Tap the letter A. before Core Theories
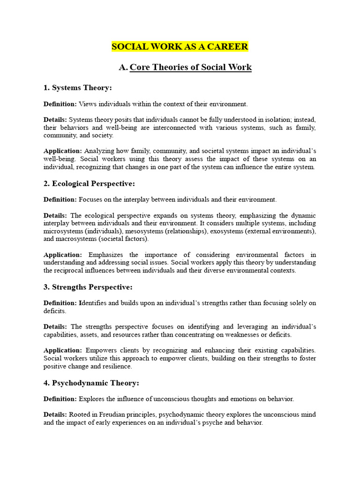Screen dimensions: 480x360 coord(123,67)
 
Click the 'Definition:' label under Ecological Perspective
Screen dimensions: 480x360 coord(60,200)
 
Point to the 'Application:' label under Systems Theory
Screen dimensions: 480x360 coord(63,151)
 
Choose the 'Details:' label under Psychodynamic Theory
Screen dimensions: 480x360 coord(55,415)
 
